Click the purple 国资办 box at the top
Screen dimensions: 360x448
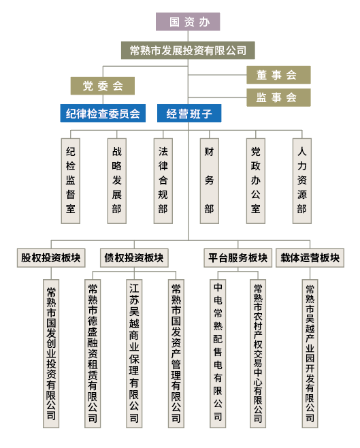188,21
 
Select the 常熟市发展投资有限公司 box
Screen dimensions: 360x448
188,50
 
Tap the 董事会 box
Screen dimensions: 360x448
278,75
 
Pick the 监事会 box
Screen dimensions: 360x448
278,97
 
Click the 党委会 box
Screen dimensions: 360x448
103,86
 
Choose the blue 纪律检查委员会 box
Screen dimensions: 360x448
103,113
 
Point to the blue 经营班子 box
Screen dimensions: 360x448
189,113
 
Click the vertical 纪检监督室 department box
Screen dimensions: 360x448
71,181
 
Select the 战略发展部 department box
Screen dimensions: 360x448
117,181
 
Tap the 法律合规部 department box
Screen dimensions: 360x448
163,181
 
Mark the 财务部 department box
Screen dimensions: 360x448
209,181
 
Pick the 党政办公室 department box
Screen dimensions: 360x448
255,181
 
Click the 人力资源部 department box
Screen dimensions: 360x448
301,181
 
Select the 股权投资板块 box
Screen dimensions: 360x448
51,258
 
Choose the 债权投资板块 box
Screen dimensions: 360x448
134,258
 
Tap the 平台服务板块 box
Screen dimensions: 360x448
238,258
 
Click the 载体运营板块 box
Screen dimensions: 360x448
310,258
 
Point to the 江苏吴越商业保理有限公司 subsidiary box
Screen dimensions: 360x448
134,354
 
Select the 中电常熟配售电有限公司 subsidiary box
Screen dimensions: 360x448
218,354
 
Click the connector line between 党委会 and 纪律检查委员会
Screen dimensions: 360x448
103,99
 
